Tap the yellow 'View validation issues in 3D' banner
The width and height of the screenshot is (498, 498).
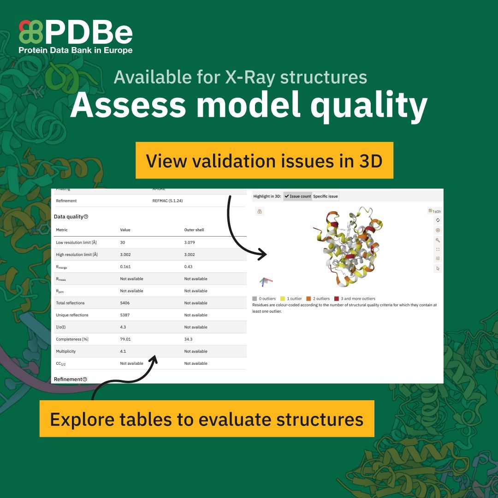tap(264, 160)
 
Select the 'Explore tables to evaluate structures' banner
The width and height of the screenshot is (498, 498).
tap(207, 419)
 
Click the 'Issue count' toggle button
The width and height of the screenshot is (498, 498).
tap(297, 196)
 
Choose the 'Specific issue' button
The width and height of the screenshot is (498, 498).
tap(326, 196)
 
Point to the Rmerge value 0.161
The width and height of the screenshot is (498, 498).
tap(126, 267)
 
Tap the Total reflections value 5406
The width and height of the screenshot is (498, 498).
tap(125, 303)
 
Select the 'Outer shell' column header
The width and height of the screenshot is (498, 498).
tap(194, 230)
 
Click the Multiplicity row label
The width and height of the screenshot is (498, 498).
tap(66, 351)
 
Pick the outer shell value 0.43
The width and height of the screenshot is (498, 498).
tap(188, 267)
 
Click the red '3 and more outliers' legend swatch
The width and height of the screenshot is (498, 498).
tap(337, 299)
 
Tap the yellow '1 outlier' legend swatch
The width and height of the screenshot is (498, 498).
tap(283, 299)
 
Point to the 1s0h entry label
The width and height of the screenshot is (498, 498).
tap(436, 211)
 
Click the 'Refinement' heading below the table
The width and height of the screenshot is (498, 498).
tap(67, 379)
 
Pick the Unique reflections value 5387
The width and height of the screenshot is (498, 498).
tap(125, 315)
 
